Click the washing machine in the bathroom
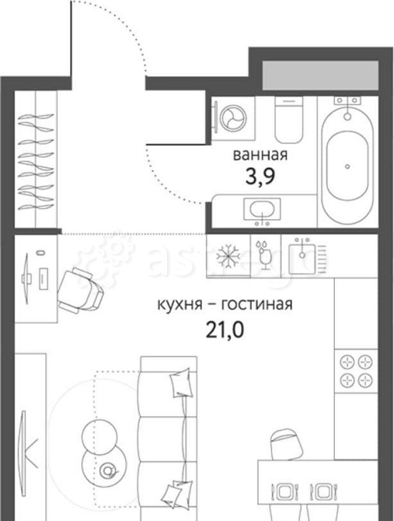[x=231, y=118]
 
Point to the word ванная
[x=256, y=154]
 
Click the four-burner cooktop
[x=355, y=369]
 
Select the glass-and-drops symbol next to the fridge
[x=263, y=254]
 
